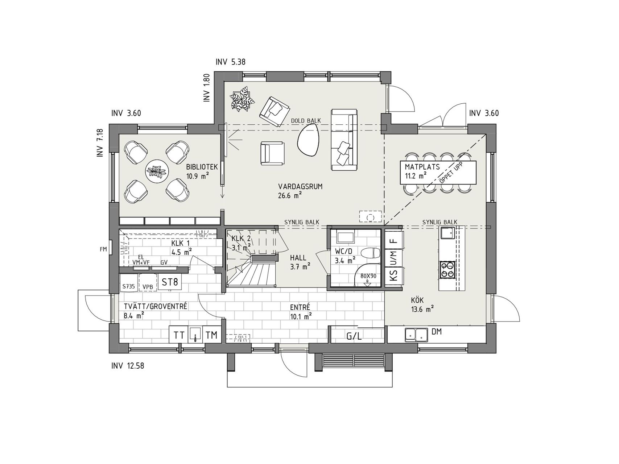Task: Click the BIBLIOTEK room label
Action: point(202,167)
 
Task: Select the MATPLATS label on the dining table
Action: point(422,167)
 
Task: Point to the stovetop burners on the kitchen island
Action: point(447,270)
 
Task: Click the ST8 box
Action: point(170,282)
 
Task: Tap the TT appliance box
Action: point(179,335)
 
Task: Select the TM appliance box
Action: point(211,335)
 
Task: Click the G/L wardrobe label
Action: point(354,336)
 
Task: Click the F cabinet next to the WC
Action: point(393,240)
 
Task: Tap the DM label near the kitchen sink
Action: point(437,331)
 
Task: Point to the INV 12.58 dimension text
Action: point(128,366)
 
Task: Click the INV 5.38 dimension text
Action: point(231,62)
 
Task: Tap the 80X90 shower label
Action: point(368,276)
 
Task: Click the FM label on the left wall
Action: point(103,249)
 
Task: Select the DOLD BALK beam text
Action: point(306,121)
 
